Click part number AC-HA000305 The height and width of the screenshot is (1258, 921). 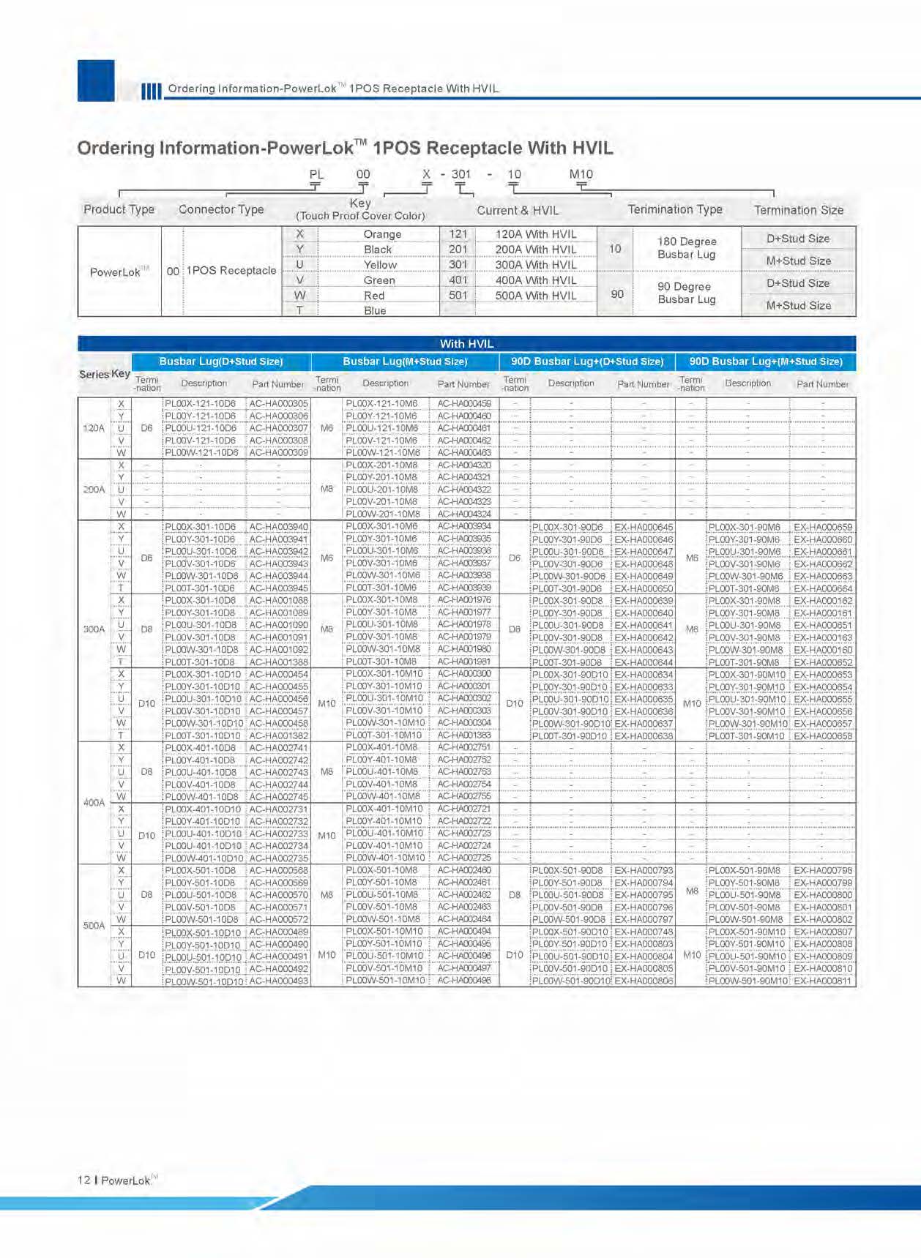point(278,403)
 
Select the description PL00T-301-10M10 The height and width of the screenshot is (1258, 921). point(384,735)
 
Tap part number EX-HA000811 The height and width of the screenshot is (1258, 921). point(823,981)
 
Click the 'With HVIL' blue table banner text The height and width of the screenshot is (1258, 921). point(466,343)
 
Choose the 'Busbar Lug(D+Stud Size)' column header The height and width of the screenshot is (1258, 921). point(220,362)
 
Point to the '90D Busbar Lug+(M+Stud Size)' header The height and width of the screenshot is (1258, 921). point(765,362)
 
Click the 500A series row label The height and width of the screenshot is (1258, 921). point(94,925)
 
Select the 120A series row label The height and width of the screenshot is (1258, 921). point(94,428)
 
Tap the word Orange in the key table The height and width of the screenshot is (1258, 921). point(382,234)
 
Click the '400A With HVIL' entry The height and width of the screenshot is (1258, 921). point(535,280)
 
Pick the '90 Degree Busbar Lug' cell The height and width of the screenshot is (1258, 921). point(686,293)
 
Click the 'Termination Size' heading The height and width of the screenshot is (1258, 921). point(798,210)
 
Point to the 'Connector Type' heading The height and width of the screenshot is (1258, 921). point(221,209)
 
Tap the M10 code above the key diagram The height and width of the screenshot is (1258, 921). point(581,174)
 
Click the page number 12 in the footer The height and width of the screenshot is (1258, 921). point(84,1180)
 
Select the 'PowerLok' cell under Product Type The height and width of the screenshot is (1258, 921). point(116,272)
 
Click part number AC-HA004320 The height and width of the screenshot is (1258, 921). point(463,465)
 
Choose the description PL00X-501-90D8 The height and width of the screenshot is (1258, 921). point(567,871)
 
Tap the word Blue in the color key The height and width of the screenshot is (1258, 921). point(375,310)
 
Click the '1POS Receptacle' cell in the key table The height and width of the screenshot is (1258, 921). point(231,271)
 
